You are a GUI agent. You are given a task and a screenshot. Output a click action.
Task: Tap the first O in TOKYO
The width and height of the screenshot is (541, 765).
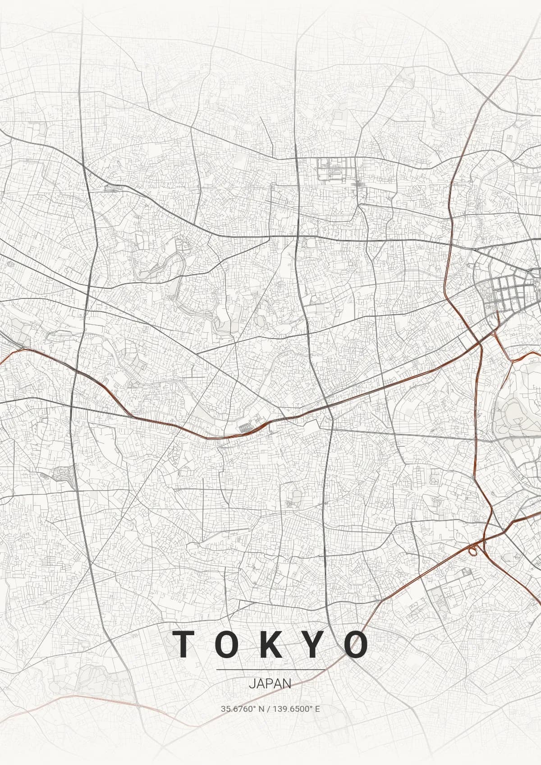pos(228,644)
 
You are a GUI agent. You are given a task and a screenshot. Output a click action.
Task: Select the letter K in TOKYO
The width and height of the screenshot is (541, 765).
pos(270,644)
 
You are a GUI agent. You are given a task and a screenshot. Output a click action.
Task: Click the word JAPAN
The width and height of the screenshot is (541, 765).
pos(270,683)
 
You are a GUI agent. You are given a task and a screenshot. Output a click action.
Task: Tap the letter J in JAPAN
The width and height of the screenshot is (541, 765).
pos(251,683)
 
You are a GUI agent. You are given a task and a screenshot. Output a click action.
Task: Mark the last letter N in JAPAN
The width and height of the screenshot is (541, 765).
pos(287,683)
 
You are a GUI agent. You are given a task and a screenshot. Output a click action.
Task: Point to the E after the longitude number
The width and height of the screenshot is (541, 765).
pos(317,709)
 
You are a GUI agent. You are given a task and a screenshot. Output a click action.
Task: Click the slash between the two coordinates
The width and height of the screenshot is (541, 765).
pos(269,709)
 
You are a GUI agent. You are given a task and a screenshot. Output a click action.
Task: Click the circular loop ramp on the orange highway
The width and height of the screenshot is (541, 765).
pos(472,550)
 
